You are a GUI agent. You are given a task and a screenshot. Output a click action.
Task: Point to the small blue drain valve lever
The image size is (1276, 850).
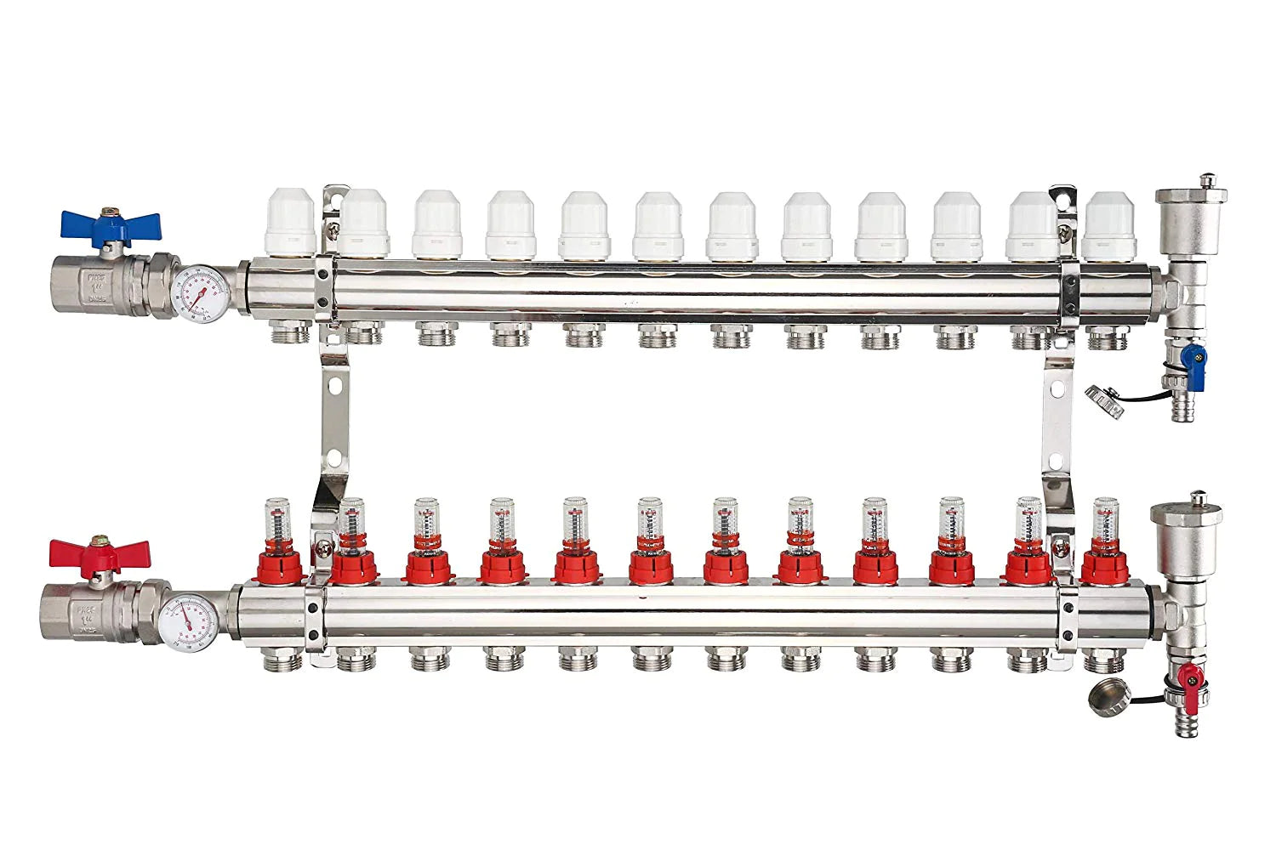pos(1191,358)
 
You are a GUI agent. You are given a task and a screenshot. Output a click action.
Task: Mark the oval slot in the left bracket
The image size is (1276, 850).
pos(338,386)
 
